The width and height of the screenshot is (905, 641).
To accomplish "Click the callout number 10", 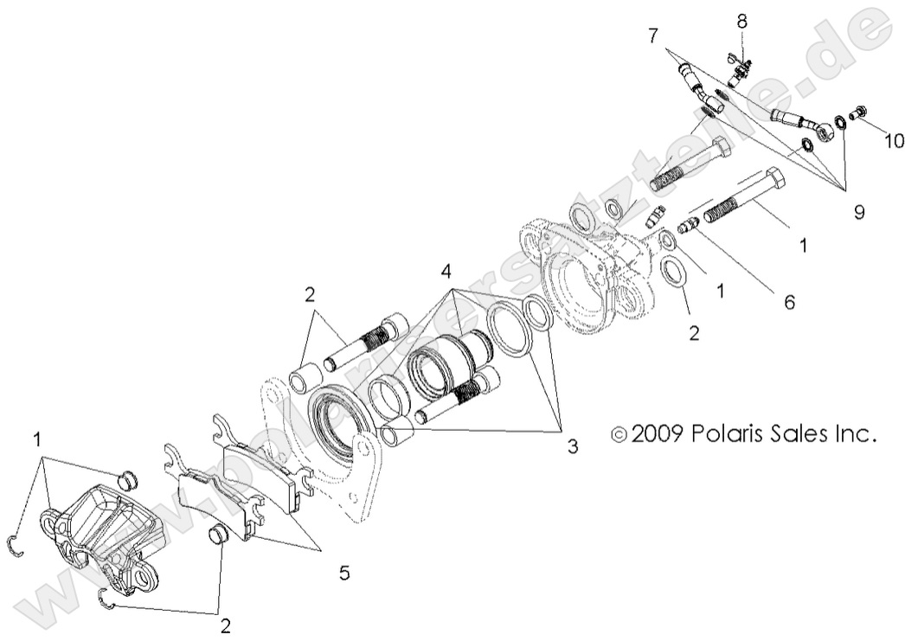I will pyautogui.click(x=894, y=139).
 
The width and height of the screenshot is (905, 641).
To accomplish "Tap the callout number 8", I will pyautogui.click(x=742, y=20).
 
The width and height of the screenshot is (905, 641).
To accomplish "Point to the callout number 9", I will pyautogui.click(x=858, y=212).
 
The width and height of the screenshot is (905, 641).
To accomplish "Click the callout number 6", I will pyautogui.click(x=788, y=302).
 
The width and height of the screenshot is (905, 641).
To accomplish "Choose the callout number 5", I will pyautogui.click(x=344, y=572).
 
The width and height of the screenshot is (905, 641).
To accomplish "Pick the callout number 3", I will pyautogui.click(x=572, y=446).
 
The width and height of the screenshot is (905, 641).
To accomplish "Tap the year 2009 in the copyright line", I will pyautogui.click(x=658, y=433).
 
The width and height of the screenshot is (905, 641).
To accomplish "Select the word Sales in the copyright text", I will pyautogui.click(x=799, y=433).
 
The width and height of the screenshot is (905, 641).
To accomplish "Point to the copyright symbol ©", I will pyautogui.click(x=619, y=433).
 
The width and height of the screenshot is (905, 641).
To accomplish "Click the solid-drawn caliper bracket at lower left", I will pyautogui.click(x=99, y=536).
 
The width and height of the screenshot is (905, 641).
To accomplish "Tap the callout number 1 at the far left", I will pyautogui.click(x=37, y=439).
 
